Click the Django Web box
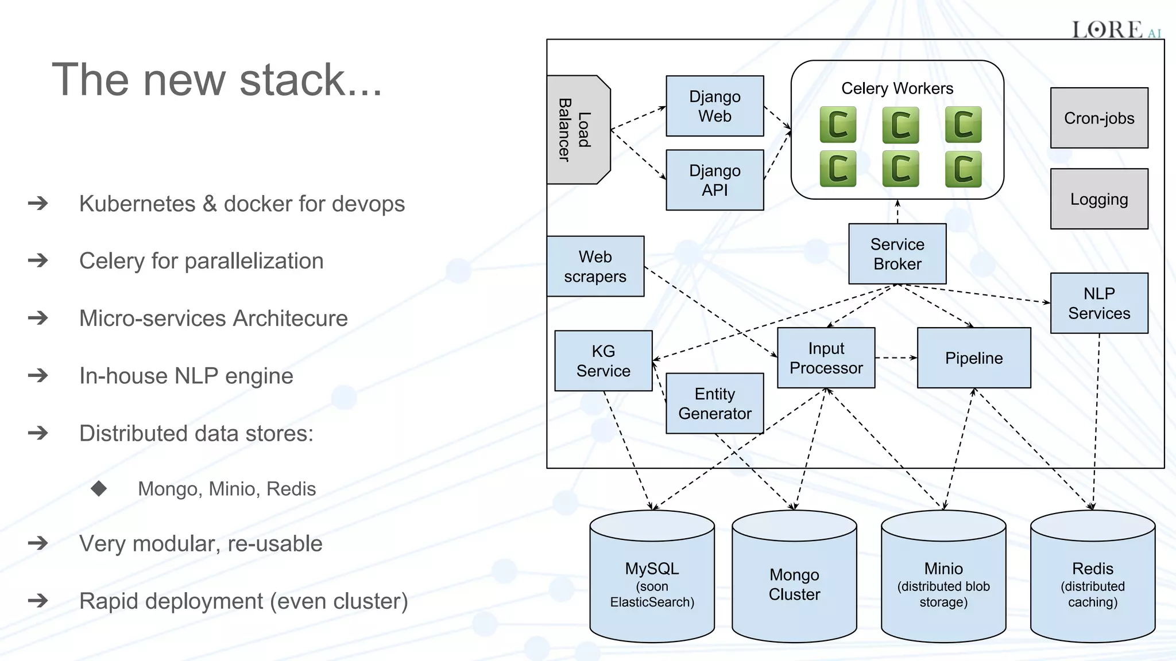(714, 106)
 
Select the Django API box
(714, 180)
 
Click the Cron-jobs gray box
(1098, 118)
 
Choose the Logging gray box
(1098, 199)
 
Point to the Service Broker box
(897, 254)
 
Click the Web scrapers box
(595, 266)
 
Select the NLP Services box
(1098, 303)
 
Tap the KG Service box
(603, 361)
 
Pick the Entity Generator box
(714, 403)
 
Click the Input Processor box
(826, 358)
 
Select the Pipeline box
(974, 358)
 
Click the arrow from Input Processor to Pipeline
(896, 358)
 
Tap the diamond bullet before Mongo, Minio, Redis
(99, 488)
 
